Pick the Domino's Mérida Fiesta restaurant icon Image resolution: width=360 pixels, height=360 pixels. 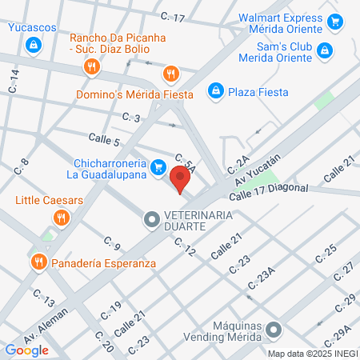tap(170, 75)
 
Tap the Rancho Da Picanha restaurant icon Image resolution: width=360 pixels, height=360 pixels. tap(93, 67)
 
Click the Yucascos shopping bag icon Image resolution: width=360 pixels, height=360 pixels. tap(33, 46)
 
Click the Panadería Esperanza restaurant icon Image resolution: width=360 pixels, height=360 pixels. tap(38, 261)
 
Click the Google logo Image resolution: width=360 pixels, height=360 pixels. tap(26, 350)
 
